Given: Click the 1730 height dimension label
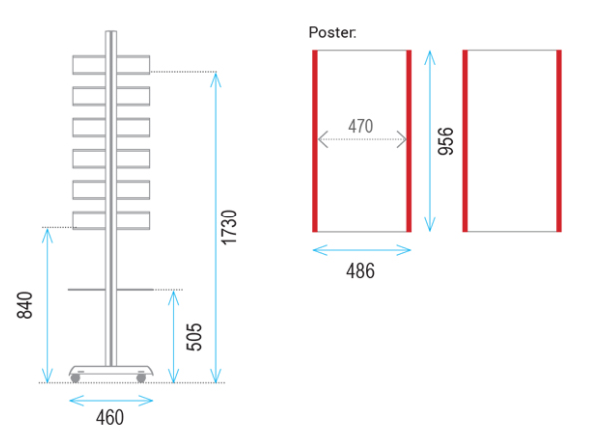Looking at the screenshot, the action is click(x=229, y=227).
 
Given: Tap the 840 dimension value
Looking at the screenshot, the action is click(x=25, y=305).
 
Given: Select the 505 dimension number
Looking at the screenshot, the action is click(x=194, y=337).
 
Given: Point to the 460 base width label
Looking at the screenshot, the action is click(x=110, y=418).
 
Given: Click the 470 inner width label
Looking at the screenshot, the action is click(x=361, y=126).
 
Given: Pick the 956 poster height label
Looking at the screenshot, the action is click(x=446, y=141).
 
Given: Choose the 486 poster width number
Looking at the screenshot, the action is click(x=360, y=271).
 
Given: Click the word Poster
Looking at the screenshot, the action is click(x=332, y=32).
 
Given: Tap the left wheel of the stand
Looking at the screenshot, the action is click(x=76, y=378).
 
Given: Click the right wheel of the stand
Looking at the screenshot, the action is click(x=141, y=378).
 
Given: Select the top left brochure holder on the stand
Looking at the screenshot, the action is click(x=89, y=65).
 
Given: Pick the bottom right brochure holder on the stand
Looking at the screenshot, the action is click(x=133, y=220).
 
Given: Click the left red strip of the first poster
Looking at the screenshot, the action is click(x=315, y=142).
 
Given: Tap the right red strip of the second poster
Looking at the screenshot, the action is click(x=559, y=142).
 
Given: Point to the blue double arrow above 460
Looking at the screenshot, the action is click(x=111, y=401).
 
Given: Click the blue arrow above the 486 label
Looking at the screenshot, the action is click(x=362, y=250).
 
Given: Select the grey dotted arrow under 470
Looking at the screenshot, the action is click(x=362, y=139).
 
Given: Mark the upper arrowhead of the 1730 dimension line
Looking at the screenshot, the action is click(x=216, y=79).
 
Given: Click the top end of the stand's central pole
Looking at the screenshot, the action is click(x=111, y=31).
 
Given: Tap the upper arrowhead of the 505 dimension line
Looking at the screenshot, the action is click(x=173, y=297).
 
